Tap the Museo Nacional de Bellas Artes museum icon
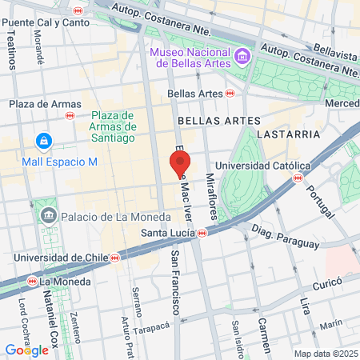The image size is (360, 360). click(x=242, y=57)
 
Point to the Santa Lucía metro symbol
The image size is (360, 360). click(x=202, y=233)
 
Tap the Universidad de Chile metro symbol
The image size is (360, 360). click(x=115, y=258)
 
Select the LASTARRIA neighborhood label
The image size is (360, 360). click(x=295, y=134)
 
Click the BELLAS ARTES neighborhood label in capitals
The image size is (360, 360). click(x=219, y=120)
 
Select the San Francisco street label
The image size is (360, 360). click(x=175, y=281)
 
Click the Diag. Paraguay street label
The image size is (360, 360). click(x=284, y=237)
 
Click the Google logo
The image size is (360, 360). click(x=26, y=350)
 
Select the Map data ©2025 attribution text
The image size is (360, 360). click(x=326, y=354)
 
